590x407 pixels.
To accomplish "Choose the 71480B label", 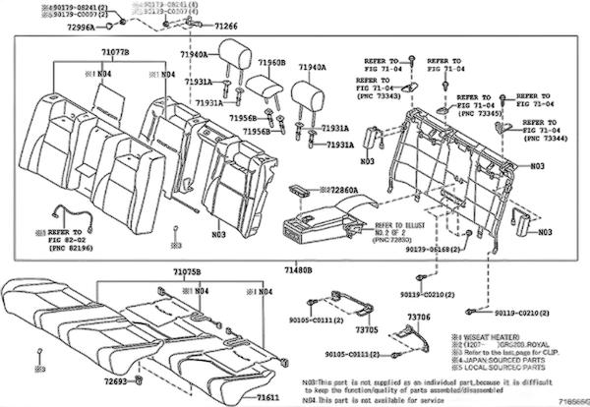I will pyautogui.click(x=298, y=268).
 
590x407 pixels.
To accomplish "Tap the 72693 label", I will pyautogui.click(x=114, y=378).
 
